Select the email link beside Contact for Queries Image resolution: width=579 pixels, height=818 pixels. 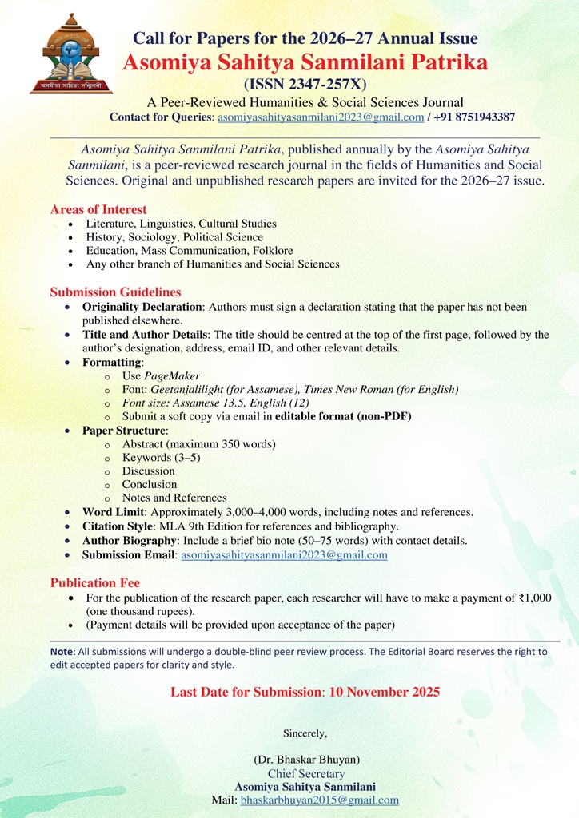point(321,117)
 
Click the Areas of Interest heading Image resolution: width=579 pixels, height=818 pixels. point(98,209)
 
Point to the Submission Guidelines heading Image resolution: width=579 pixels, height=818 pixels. point(115,292)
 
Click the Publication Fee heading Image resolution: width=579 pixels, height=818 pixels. point(95,582)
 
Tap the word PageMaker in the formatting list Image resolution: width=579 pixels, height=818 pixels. point(172,375)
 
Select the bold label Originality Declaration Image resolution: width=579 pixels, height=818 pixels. point(142,307)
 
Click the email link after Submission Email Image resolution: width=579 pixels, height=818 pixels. point(284,555)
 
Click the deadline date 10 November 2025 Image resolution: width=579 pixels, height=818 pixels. point(384,692)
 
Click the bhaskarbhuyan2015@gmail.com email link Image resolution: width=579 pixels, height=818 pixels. point(319,800)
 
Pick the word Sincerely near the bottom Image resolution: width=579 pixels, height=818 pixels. point(305,732)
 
